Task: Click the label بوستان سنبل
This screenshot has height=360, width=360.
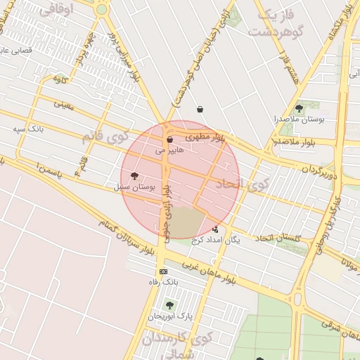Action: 132,188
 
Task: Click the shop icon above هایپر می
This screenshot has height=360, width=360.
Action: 169,140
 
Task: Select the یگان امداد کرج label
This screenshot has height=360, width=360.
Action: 215,240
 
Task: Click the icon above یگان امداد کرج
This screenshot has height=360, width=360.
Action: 215,229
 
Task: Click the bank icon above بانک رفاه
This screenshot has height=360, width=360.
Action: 164,271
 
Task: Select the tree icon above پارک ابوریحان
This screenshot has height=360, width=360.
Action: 169,305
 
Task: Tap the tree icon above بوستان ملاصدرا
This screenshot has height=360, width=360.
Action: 300,108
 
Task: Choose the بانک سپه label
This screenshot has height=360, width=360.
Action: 30,129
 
